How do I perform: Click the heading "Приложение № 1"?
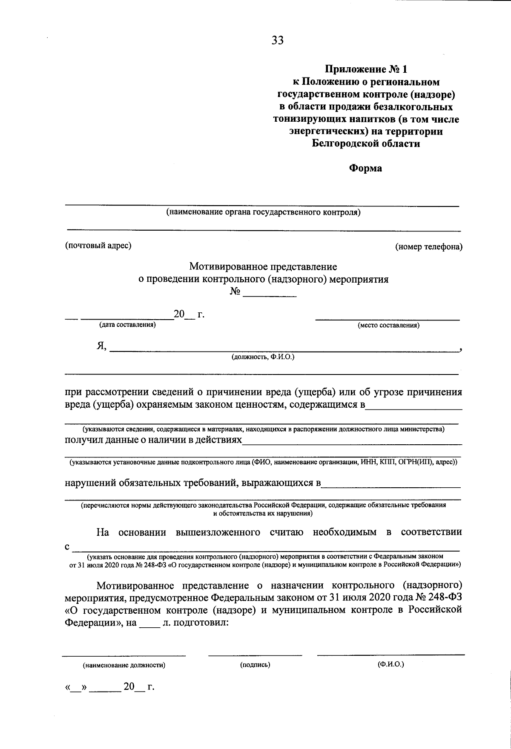click(x=366, y=69)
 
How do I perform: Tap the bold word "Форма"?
click(x=365, y=168)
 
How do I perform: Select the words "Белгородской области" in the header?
click(x=366, y=144)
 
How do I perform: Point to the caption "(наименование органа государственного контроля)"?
click(x=264, y=212)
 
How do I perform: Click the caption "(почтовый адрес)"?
click(x=98, y=246)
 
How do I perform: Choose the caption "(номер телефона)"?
click(x=428, y=247)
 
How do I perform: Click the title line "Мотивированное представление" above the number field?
click(x=263, y=267)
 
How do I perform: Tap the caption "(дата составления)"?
click(x=127, y=325)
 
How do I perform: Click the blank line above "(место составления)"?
click(x=387, y=319)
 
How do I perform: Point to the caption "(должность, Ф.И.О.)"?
click(x=263, y=357)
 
